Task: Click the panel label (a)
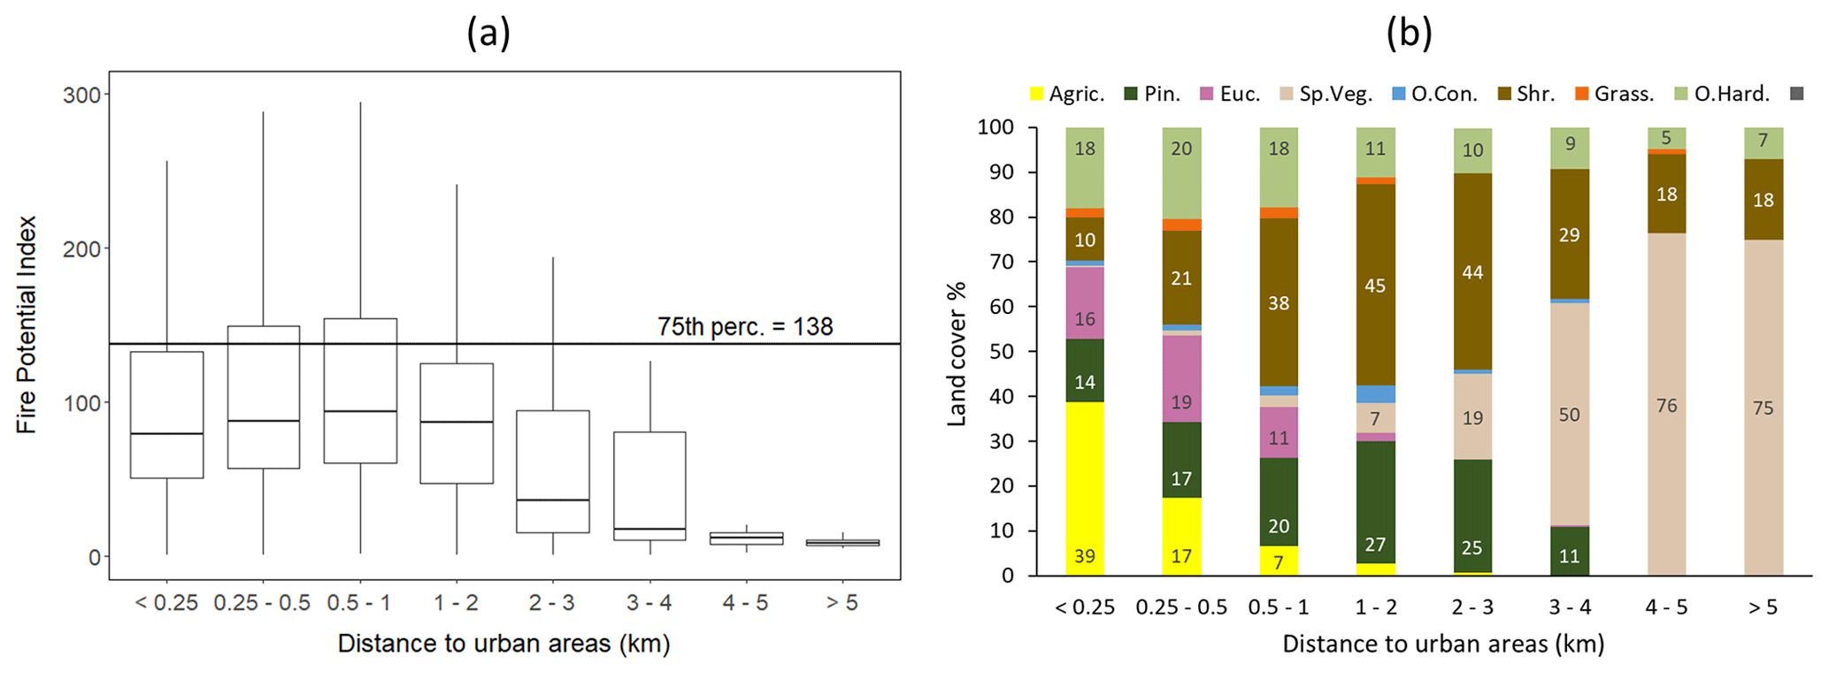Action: point(488,34)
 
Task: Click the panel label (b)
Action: point(1409,34)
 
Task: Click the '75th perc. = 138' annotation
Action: point(745,327)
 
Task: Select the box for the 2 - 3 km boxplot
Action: point(553,471)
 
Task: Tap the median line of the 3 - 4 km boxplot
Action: point(649,529)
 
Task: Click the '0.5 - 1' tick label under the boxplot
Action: point(360,603)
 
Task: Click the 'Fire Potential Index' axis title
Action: point(27,324)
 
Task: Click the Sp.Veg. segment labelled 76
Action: point(1666,405)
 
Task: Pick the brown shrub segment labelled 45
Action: point(1375,285)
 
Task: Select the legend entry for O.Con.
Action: point(1434,94)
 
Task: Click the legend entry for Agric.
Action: point(1067,94)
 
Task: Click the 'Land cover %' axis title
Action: point(957,354)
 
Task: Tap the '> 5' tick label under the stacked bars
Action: point(1763,607)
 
